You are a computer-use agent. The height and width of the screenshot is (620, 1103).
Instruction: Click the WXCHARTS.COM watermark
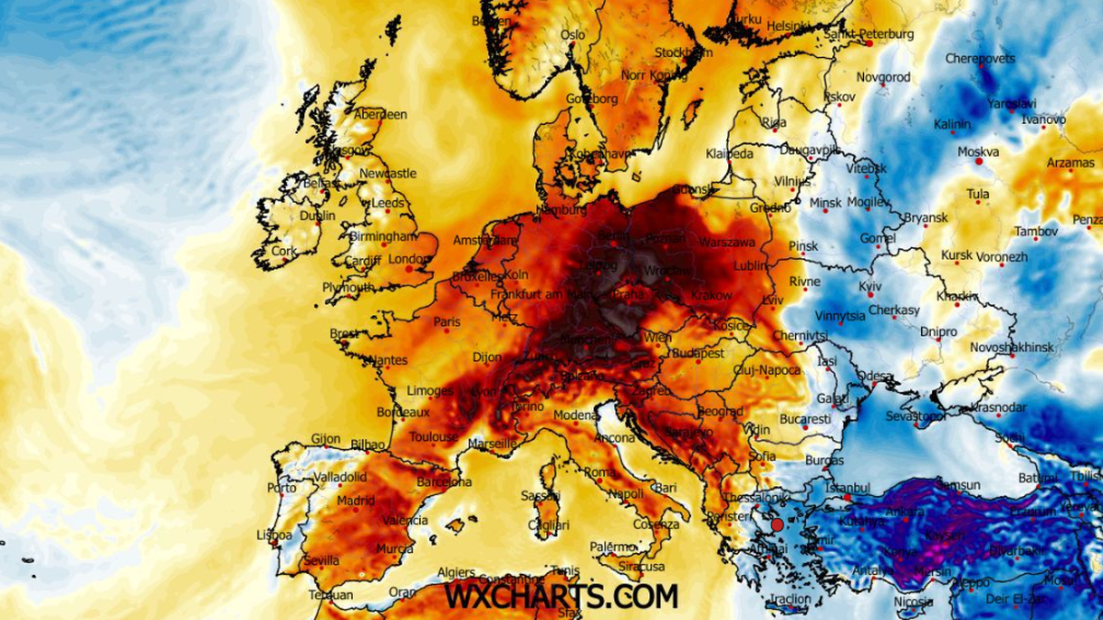tap(562, 596)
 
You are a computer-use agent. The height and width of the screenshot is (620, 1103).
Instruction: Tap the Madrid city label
tap(355, 502)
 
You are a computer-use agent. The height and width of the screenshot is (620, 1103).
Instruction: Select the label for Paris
tap(447, 322)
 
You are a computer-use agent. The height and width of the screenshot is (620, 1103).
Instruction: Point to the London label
tap(408, 259)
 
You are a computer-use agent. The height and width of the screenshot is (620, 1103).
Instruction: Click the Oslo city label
tap(572, 35)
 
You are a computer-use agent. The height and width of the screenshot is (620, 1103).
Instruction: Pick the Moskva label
tap(978, 152)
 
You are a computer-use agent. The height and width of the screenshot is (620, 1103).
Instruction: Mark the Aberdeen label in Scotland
tap(381, 115)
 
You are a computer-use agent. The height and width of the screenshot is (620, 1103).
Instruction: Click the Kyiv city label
tap(870, 287)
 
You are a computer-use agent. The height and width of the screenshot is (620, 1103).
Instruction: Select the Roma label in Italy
tap(599, 472)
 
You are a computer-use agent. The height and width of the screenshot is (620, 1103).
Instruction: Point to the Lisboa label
tap(275, 535)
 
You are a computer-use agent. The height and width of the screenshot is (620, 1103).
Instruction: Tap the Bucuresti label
tap(805, 419)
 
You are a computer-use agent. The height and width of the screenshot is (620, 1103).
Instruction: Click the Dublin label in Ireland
tap(317, 216)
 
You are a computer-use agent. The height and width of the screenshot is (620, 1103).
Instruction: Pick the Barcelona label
tap(444, 482)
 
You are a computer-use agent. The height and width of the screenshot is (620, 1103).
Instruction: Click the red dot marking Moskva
tap(979, 162)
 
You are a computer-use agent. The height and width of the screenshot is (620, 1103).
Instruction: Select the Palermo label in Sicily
tap(612, 547)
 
